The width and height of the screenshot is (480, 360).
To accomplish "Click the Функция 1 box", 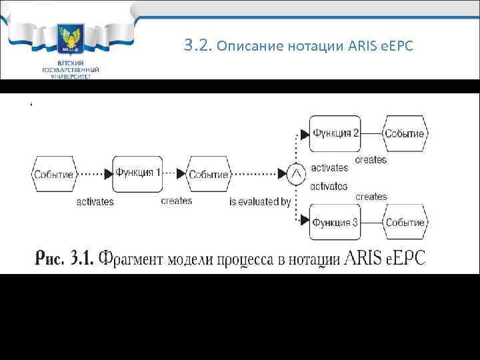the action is pos(138,173).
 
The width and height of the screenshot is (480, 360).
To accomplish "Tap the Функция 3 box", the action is pos(335,223).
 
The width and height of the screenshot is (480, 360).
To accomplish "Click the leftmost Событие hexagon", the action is pos(53,174).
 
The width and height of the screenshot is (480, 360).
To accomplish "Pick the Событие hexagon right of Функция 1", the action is pos(208,174).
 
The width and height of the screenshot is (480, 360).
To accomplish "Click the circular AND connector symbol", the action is pos(296,174).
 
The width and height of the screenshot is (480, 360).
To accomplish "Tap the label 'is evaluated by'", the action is pos(260,201).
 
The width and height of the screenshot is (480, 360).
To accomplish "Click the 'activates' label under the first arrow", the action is pos(95,201).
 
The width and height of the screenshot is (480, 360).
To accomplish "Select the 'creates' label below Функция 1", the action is pos(176,201).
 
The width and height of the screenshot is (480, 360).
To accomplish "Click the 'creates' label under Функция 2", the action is pos(371,160).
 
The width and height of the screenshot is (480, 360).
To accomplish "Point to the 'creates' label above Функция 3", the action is pos(371,197).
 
